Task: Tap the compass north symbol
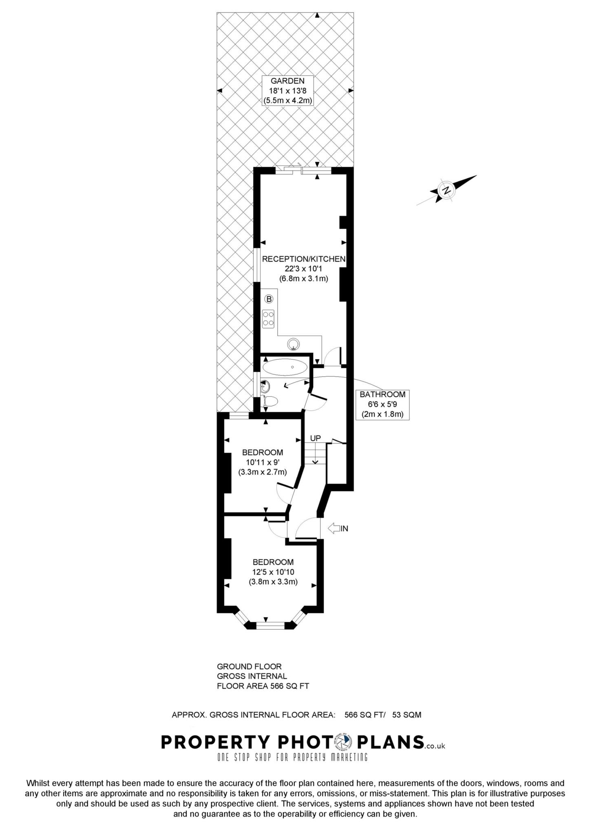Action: (447, 190)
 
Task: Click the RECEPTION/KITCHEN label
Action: (304, 259)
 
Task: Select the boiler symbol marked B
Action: (269, 299)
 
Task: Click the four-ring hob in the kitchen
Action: (268, 318)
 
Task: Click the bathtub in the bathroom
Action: (285, 367)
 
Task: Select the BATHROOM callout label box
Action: (382, 404)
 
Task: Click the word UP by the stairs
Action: (315, 438)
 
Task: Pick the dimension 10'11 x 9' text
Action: (263, 462)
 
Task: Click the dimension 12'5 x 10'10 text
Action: (273, 572)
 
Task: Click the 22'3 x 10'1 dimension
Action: (304, 269)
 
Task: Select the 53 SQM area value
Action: (407, 715)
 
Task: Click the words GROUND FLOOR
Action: (249, 667)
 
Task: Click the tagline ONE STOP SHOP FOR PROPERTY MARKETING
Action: (292, 758)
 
